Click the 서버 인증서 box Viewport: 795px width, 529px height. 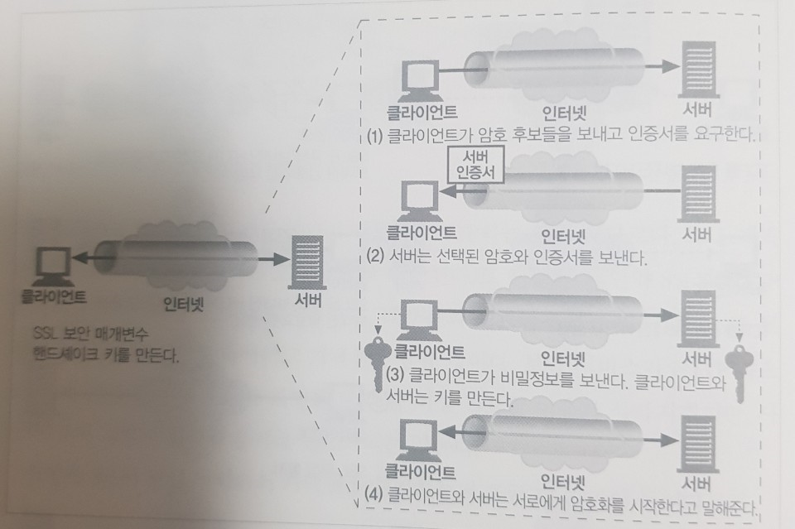pos(474,166)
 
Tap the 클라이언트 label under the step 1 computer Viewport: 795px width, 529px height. pos(422,110)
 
